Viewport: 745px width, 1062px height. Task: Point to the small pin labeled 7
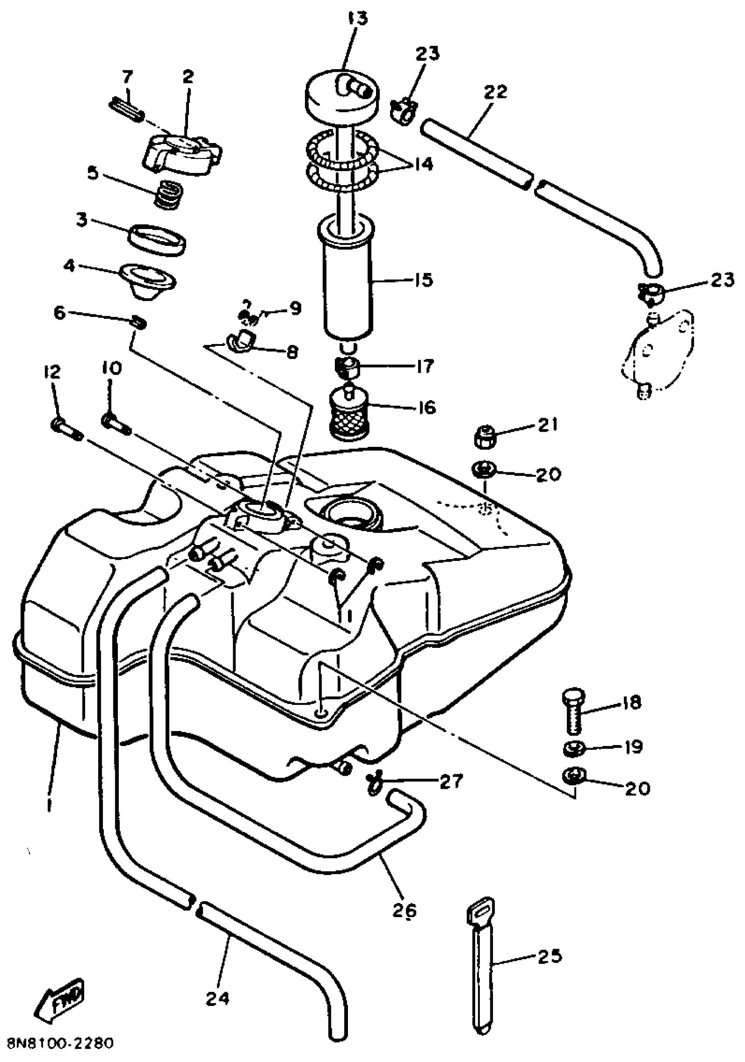point(128,109)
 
